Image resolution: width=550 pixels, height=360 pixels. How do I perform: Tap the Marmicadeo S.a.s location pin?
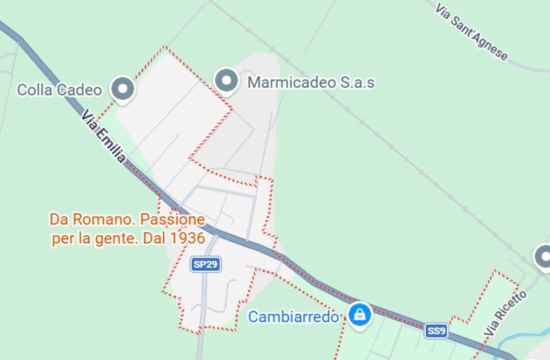tap(226, 81)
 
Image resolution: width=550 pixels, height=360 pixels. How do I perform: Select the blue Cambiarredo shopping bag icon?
tap(359, 314)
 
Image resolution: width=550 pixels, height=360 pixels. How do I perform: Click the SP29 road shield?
tap(206, 264)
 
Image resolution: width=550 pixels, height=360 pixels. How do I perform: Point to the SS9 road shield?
tap(436, 331)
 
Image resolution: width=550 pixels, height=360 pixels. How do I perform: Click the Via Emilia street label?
tap(104, 136)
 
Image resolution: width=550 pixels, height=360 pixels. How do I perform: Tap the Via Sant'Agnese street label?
tap(471, 32)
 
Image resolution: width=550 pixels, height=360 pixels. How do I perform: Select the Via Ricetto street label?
tap(505, 313)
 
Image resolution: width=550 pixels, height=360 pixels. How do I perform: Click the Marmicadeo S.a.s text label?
tap(310, 83)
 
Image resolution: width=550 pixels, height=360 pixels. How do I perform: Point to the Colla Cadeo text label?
tap(59, 90)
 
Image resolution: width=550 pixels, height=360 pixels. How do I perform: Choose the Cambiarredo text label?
tap(293, 317)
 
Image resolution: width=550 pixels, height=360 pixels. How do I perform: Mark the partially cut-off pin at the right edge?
tap(544, 256)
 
